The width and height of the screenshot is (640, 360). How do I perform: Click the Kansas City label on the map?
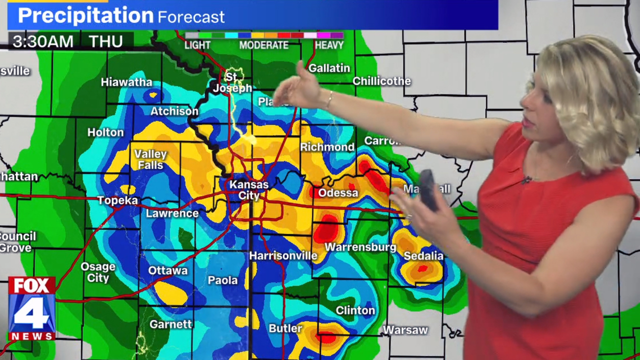(x=248, y=190)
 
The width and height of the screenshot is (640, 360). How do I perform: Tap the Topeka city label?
(x=117, y=200)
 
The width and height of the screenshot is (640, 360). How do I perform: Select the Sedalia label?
(x=423, y=256)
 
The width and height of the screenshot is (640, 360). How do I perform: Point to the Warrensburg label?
(x=360, y=247)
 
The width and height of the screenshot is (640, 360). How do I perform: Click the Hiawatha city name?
(x=126, y=82)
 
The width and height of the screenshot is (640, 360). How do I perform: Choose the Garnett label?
(x=170, y=324)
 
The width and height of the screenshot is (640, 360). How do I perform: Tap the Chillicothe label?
(x=381, y=81)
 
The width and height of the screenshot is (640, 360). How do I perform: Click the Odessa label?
(x=338, y=193)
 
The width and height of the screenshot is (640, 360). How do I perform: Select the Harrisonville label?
(x=283, y=256)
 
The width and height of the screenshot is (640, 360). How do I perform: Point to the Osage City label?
(x=98, y=272)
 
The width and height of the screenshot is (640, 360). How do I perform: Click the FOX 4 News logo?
(x=31, y=308)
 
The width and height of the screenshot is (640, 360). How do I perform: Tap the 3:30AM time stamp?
(x=43, y=41)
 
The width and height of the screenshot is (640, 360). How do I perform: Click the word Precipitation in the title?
(x=85, y=16)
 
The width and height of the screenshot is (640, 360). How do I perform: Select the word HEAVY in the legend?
(x=329, y=45)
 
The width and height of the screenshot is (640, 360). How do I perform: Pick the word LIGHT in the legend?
(x=197, y=45)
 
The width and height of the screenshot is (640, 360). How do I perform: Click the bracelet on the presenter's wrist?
(x=329, y=100)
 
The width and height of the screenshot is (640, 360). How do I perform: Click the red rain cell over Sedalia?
(x=422, y=269)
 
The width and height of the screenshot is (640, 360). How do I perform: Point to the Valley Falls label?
(x=150, y=159)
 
